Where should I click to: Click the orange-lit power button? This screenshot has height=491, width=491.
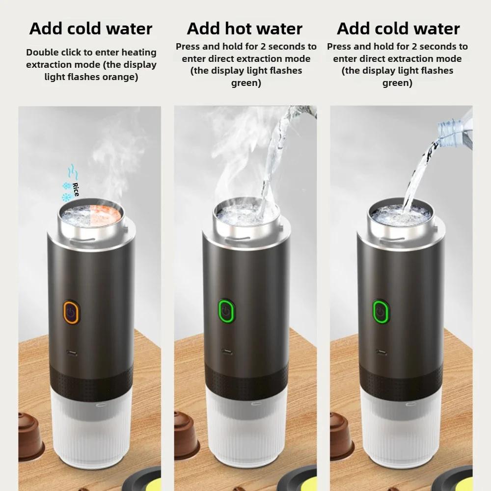point(72,313)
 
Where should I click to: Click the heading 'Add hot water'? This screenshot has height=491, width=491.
point(245,28)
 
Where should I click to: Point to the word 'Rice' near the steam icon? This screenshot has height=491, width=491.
point(76,189)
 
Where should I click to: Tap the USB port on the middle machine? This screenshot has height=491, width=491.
point(226,352)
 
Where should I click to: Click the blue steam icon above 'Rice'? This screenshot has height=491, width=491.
point(72,170)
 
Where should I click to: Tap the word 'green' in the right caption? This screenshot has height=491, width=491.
point(397,83)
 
